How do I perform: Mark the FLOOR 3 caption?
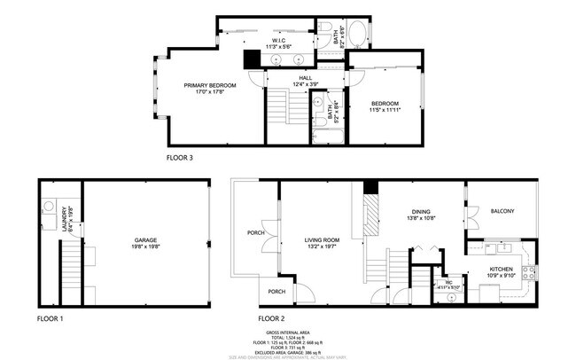click(180, 157)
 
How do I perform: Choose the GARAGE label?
click(145, 241)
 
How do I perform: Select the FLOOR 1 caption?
click(50, 317)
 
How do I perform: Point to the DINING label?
click(420, 214)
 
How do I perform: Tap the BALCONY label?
click(502, 211)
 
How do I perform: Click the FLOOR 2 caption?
click(271, 317)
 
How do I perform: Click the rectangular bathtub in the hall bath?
click(326, 136)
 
